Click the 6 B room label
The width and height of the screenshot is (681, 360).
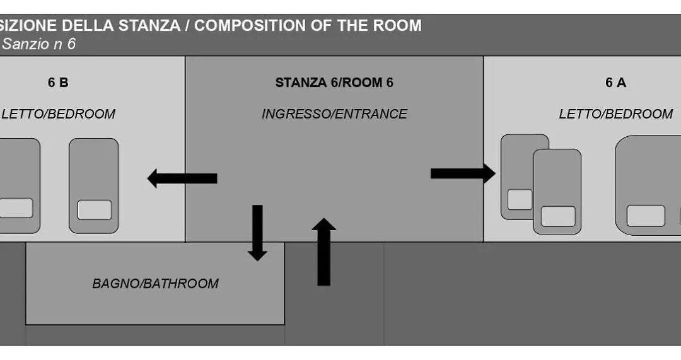pos(58,83)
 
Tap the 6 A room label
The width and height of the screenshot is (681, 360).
pos(615,83)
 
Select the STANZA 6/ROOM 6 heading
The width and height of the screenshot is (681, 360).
pos(334,83)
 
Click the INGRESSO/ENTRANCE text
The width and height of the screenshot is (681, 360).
pos(334,113)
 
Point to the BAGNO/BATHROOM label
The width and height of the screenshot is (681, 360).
pos(155,284)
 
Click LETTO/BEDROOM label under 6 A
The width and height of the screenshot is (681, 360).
pos(615,113)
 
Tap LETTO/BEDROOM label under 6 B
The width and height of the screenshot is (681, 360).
pos(58,113)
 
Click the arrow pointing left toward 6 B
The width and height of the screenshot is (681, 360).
pos(182,178)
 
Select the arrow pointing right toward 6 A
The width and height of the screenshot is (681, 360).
pos(463,173)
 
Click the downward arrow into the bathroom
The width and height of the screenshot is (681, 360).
pos(257,233)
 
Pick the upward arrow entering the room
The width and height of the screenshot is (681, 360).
pos(323,252)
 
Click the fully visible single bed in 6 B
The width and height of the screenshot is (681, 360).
pos(94,186)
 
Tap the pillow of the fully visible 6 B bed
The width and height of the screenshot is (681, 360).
pos(95,210)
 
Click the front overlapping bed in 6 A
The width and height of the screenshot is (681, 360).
pos(557,192)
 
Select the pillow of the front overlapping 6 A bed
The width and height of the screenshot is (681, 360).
pos(558,216)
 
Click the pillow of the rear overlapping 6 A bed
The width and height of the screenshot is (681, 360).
pos(520,199)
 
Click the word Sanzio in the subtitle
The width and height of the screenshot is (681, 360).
pos(26,44)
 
